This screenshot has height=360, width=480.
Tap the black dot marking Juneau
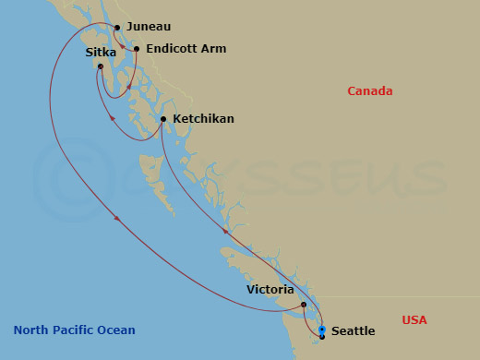coord(116,27)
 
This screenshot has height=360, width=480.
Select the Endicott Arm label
coord(186,48)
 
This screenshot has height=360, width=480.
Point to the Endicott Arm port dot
coord(137,49)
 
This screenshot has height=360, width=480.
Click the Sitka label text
coord(100,53)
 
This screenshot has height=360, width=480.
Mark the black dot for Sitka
coord(100,66)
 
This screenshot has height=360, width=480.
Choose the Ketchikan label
coord(204,119)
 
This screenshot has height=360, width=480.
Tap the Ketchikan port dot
coord(163,119)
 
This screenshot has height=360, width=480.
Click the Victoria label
coord(270,289)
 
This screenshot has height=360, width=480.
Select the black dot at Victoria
coord(304,304)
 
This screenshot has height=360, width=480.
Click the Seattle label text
coord(353,330)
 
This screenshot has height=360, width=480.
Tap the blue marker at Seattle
coord(321,329)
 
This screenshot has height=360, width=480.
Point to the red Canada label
coord(370,90)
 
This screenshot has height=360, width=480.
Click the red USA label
coord(414,320)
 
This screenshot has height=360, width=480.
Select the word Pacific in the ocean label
coord(74,330)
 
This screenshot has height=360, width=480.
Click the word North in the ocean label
coord(30,330)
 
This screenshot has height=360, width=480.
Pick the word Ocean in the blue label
coord(116,330)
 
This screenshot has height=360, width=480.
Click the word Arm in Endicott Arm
coord(213,48)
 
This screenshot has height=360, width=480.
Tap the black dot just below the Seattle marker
coord(321,337)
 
